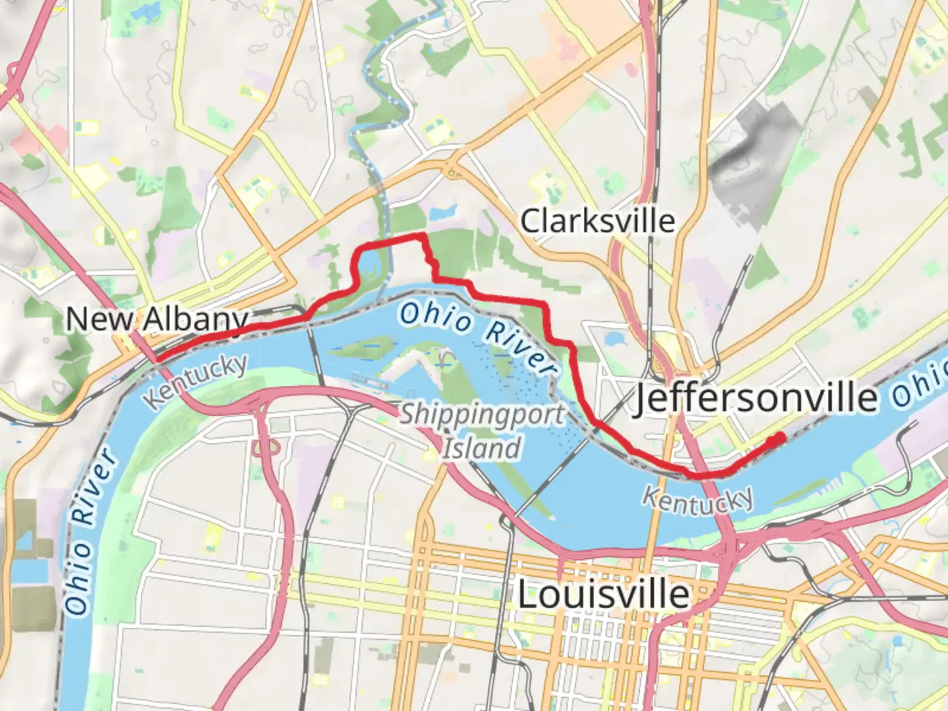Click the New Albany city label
(157, 320)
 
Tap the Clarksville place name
(598, 221)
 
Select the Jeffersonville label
(756, 398)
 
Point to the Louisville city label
(603, 595)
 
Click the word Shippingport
(483, 415)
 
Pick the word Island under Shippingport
(481, 449)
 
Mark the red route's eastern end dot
(779, 437)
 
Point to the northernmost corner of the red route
(421, 236)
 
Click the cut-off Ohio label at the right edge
(920, 386)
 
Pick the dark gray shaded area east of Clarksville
(757, 158)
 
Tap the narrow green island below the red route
(362, 345)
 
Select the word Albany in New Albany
(196, 320)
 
